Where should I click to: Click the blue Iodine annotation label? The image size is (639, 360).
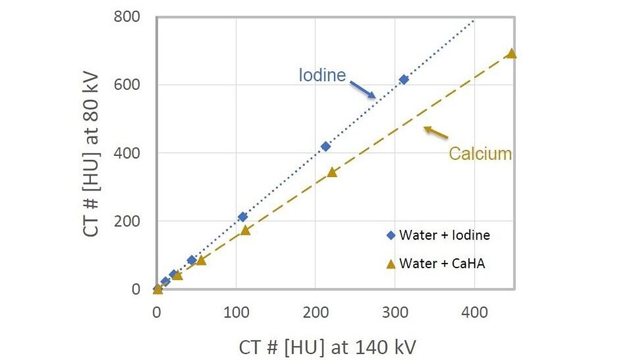point(322,75)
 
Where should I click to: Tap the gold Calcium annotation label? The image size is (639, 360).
point(480,154)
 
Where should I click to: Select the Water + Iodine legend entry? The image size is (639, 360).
point(439,235)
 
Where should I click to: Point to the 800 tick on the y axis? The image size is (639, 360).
point(128,17)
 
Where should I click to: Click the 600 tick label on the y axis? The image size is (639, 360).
point(128,85)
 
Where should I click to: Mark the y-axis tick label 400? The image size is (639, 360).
point(128,153)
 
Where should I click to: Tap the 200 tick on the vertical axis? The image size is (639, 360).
point(128,221)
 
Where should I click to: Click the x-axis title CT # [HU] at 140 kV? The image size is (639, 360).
point(328,347)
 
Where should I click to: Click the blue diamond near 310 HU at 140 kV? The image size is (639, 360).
point(404,80)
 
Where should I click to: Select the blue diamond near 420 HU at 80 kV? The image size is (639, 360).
point(325,146)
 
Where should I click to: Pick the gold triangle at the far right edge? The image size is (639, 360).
point(511,54)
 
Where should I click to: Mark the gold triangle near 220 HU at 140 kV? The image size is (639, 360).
point(332,172)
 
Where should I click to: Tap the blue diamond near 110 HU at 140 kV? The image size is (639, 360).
point(243,216)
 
